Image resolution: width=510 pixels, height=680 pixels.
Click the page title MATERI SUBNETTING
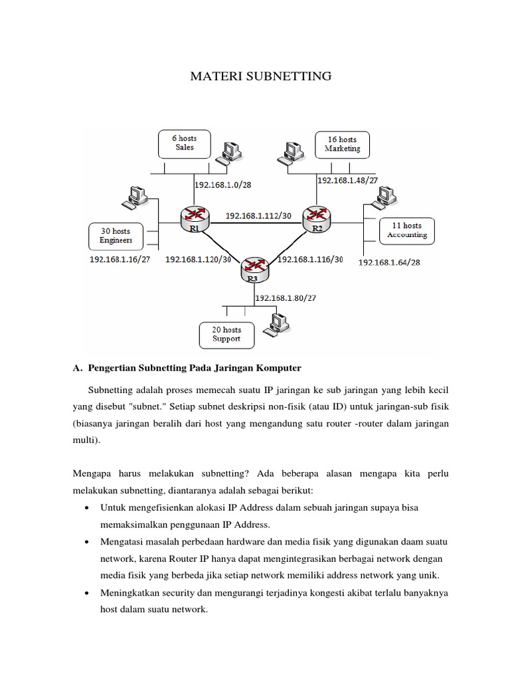(260, 76)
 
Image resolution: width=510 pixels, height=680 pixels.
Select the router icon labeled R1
(194, 216)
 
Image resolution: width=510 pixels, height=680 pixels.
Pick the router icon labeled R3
(254, 268)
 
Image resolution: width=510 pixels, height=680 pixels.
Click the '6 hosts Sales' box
(184, 143)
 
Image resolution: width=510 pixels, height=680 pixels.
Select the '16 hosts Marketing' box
(342, 144)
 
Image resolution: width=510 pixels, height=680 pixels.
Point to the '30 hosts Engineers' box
(116, 236)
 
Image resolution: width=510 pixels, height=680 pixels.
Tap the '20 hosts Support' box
(226, 334)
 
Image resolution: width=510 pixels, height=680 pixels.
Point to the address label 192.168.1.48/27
(347, 180)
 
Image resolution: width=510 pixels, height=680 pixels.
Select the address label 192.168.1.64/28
(389, 262)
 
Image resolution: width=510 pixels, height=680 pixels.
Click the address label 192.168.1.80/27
(286, 298)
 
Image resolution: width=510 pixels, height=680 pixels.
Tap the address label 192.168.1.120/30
(198, 260)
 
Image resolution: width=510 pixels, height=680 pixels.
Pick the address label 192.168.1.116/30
(310, 260)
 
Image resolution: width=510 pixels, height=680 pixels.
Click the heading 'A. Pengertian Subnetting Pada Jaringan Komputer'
(187, 367)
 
